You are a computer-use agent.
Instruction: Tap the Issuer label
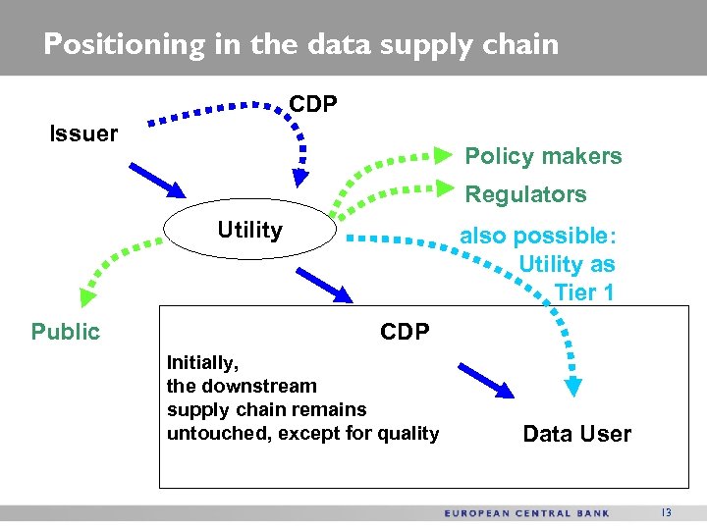pos(83,133)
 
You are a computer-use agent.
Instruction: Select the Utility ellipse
pos(249,232)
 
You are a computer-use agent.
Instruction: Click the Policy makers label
pos(543,156)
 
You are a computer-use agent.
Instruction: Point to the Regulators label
pos(525,194)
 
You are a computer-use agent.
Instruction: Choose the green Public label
pos(66,332)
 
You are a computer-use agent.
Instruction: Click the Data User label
pos(576,434)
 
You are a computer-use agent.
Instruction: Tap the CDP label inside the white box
pos(405,332)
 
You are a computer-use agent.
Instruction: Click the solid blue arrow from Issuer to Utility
pos(156,181)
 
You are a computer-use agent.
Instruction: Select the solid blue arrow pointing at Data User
pos(485,381)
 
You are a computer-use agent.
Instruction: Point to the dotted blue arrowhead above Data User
pos(574,387)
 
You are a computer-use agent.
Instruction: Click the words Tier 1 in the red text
pos(584,291)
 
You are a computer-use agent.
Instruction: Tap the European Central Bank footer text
pos(527,512)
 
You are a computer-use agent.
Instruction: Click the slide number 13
pos(667,512)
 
